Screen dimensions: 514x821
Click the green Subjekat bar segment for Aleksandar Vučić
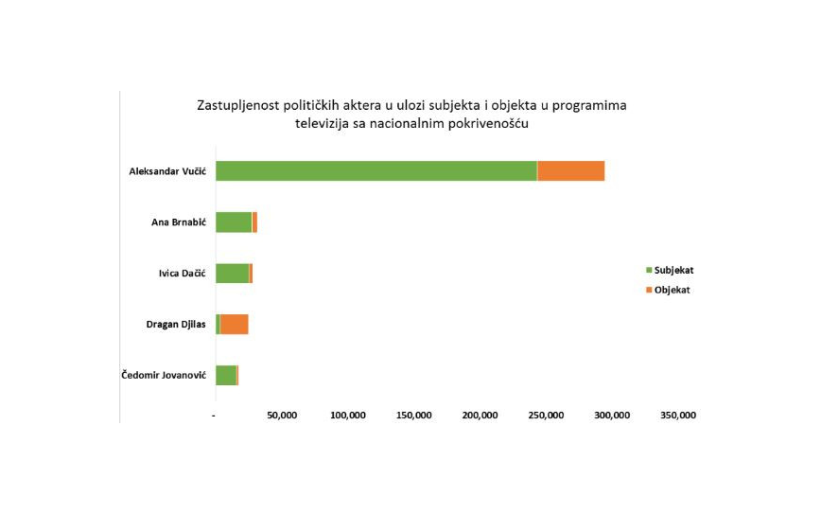click(376, 171)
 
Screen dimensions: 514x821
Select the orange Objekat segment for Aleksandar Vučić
click(570, 171)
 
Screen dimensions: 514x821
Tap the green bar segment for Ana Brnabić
click(233, 222)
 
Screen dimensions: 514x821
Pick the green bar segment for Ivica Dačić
click(232, 274)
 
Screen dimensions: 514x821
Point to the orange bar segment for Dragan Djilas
click(234, 325)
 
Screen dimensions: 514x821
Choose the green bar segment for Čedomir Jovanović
click(225, 376)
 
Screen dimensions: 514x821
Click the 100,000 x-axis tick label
click(348, 416)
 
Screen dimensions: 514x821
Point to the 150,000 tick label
click(414, 416)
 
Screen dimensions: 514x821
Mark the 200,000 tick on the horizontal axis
click(480, 416)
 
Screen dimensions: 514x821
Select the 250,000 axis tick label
click(547, 416)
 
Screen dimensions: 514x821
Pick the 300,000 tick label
click(613, 416)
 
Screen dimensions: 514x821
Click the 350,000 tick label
click(678, 416)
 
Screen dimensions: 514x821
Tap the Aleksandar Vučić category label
click(167, 171)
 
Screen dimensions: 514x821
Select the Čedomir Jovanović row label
click(164, 376)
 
